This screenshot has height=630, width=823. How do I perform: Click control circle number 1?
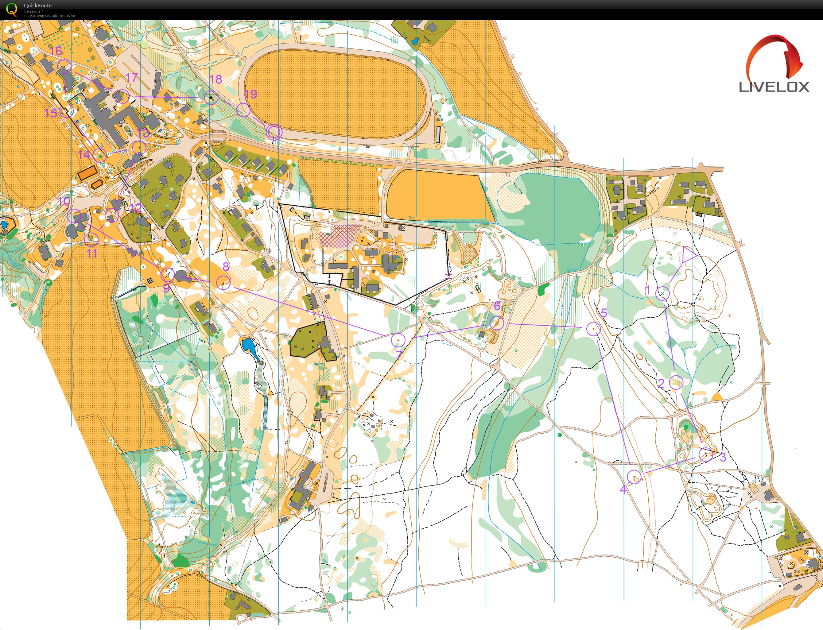662,293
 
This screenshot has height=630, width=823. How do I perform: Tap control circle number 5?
593,328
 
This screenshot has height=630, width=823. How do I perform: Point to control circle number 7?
398,340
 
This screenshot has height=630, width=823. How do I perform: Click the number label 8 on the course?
225,266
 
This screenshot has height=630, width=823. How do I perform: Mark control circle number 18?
211,98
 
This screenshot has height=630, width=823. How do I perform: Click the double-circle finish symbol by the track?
274,132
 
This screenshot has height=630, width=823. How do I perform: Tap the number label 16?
56,51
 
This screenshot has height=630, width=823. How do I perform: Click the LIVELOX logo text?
774,87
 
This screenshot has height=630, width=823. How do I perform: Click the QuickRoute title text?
38,6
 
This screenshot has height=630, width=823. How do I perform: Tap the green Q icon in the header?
12,9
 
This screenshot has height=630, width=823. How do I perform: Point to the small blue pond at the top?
414,41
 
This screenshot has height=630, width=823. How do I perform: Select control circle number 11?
91,239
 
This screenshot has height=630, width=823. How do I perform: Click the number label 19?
250,94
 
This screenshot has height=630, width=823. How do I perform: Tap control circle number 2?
676,382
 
